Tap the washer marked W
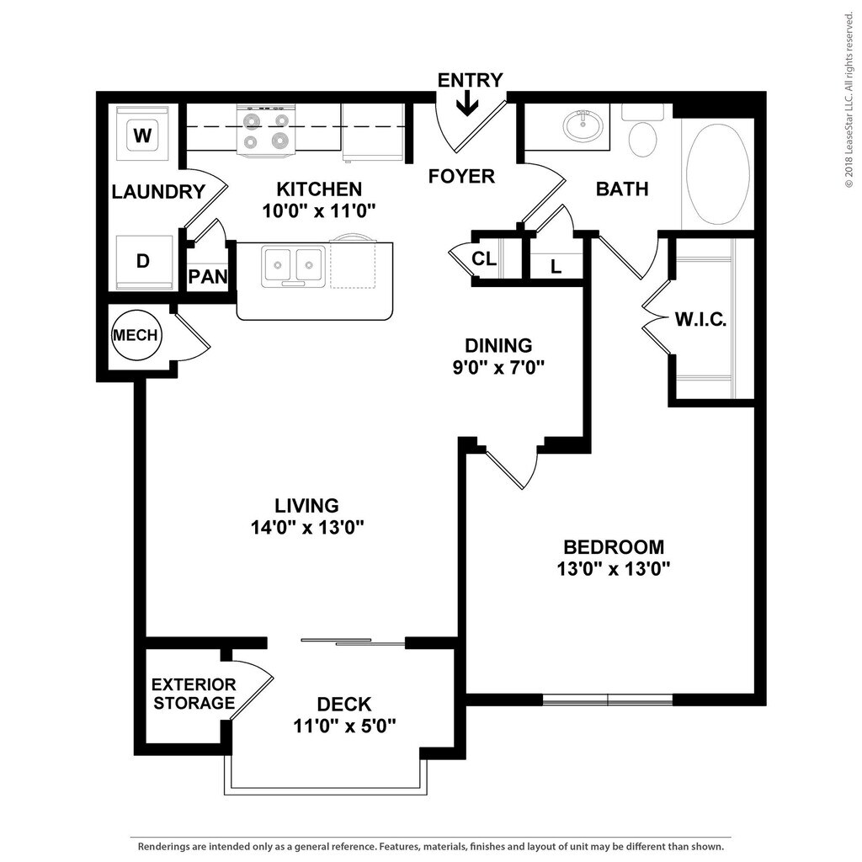141,134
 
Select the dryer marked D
143,261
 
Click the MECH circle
136,335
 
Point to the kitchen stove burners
266,131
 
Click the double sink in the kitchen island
293,265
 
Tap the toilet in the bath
644,136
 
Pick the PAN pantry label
208,276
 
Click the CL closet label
484,258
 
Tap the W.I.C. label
700,320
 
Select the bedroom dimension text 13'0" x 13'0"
613,568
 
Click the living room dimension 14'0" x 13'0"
306,528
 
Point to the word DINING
499,345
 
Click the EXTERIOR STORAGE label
194,694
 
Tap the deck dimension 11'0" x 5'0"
344,725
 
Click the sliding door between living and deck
354,643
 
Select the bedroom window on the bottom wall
608,700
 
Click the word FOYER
460,177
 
